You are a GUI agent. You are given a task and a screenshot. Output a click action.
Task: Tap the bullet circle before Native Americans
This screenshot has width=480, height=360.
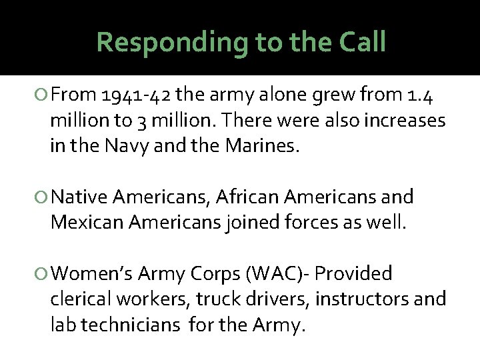[41, 197]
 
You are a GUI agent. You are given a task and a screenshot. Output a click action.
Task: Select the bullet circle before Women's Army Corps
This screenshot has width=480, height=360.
[41, 274]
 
